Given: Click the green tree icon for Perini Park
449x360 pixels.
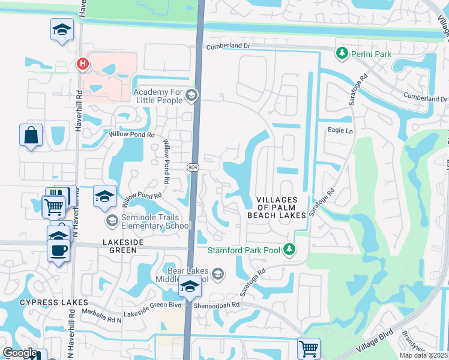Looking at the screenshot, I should pyautogui.click(x=342, y=54).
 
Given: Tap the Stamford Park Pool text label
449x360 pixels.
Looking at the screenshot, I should pyautogui.click(x=245, y=250).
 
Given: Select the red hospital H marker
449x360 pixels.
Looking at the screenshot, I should pyautogui.click(x=82, y=63).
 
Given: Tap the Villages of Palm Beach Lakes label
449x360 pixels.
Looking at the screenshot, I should pyautogui.click(x=277, y=206).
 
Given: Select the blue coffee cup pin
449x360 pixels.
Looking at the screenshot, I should pyautogui.click(x=59, y=250).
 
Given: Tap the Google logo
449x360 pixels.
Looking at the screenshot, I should pyautogui.click(x=20, y=353).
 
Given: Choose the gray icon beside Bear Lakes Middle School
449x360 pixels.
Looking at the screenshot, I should pyautogui.click(x=218, y=274).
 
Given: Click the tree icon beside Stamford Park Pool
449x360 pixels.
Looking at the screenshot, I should pyautogui.click(x=290, y=248).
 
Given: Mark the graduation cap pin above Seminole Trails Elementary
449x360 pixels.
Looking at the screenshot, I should pyautogui.click(x=104, y=196).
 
